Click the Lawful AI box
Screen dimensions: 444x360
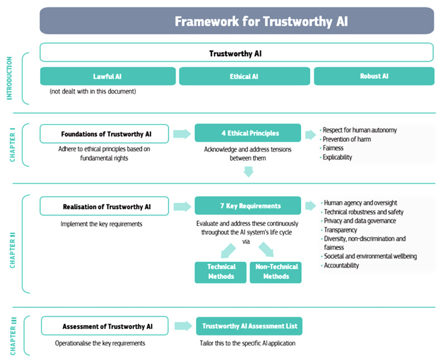coord(108,76)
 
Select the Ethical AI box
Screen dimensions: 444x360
coord(244,76)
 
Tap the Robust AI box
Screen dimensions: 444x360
coord(374,76)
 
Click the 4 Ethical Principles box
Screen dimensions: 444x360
coord(248,133)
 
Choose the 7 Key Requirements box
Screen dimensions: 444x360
coord(248,206)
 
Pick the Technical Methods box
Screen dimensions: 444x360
coord(220,272)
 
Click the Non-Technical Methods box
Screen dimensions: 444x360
coord(275,272)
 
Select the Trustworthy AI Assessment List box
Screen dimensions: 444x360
coord(249,326)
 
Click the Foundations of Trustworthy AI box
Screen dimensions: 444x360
coord(104,134)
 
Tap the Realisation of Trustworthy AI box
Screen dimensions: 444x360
coord(104,206)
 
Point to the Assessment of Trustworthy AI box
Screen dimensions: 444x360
coord(105,326)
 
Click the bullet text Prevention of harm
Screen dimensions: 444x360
coord(346,139)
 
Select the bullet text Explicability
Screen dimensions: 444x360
coord(337,157)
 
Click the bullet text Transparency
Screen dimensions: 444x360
coord(340,230)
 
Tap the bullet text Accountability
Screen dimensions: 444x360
coord(341,266)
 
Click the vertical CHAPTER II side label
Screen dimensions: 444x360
coord(12,251)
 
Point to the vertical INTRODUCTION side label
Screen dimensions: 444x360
coord(9,78)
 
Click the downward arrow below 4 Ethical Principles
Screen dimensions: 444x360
coord(248,172)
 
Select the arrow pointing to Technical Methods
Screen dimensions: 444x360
coord(228,251)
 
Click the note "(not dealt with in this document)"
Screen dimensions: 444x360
coord(93,91)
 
